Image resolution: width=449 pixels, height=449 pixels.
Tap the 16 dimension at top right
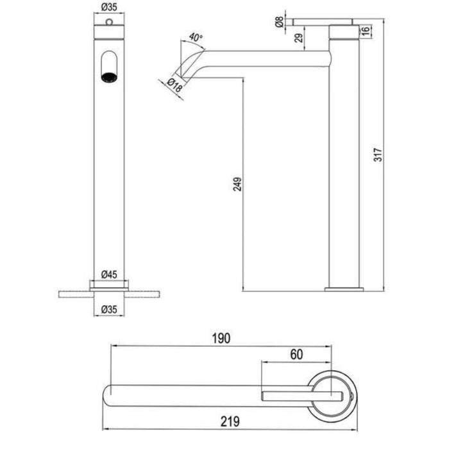(365, 31)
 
